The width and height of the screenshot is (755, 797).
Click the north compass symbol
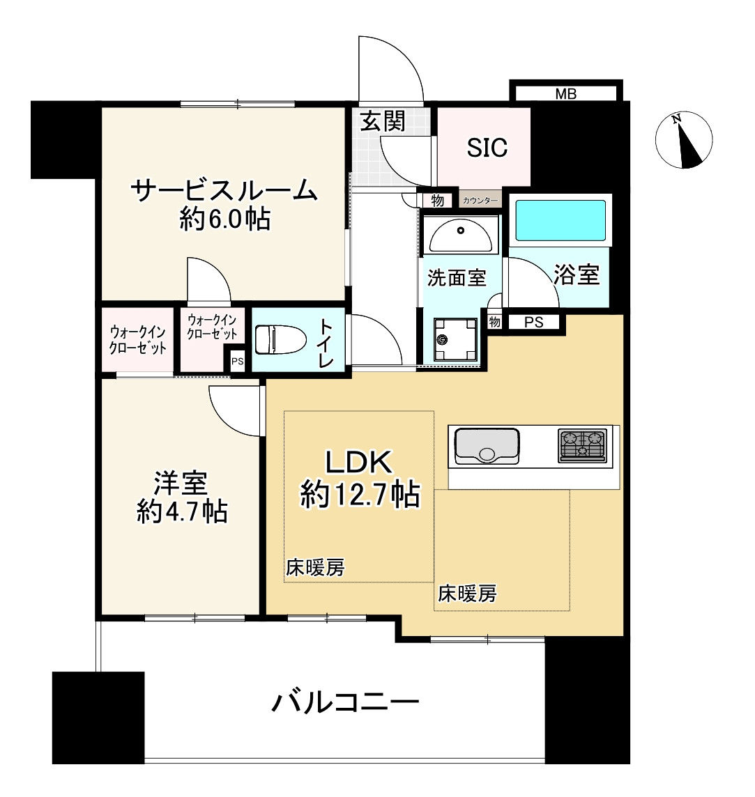point(684,140)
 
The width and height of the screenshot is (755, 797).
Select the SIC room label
point(487,148)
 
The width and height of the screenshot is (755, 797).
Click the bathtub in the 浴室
point(559,220)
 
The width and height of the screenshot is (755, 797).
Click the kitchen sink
point(487,446)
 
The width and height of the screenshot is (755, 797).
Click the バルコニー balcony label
point(345,702)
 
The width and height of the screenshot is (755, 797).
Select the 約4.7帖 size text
point(181,512)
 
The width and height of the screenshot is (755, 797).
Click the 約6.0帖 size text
point(224,221)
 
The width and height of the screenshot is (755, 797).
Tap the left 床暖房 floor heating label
point(315,568)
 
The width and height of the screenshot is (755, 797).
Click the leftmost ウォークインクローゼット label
point(138,340)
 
